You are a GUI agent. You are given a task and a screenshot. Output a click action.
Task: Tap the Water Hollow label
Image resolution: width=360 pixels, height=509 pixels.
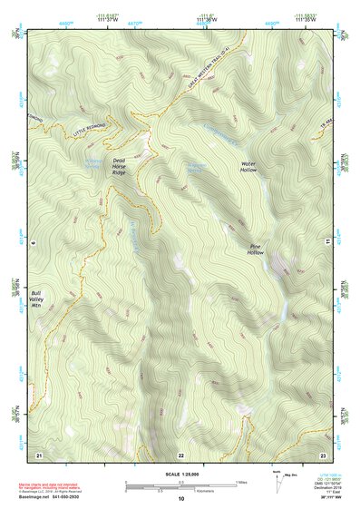coord(249,166)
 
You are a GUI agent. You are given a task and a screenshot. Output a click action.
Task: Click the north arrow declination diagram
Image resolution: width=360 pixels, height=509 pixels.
coord(278,479)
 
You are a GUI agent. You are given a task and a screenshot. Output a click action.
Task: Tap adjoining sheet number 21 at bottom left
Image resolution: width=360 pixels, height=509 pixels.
coord(39,453)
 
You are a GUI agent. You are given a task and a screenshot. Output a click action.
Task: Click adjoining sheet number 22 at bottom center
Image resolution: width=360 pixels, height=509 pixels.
coord(180,454)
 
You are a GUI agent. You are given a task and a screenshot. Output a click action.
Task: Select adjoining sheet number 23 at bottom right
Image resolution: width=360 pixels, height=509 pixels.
coord(323,453)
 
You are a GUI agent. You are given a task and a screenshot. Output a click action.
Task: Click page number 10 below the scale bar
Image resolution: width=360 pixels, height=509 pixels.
coord(180,499)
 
